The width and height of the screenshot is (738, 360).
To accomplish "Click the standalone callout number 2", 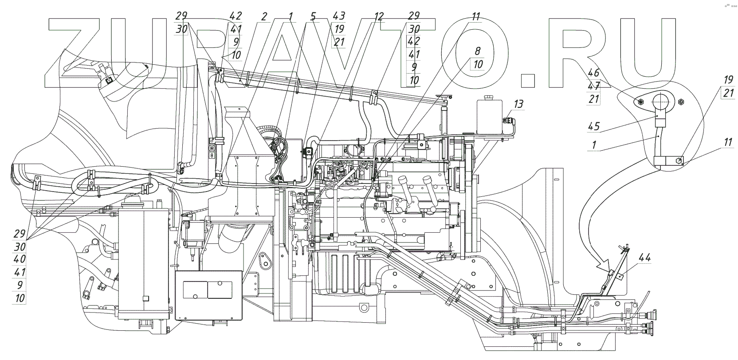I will tap(264, 17).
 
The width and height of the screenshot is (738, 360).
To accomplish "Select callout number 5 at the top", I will tap(313, 17).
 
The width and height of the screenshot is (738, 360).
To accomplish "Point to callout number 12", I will tap(378, 17).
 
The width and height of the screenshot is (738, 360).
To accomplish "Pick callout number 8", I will tap(478, 51).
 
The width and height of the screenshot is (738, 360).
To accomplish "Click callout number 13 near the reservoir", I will tap(518, 105).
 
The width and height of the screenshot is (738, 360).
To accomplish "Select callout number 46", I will tap(594, 72).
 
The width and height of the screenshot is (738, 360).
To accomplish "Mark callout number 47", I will tap(594, 85).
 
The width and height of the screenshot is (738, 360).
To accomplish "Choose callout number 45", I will tap(594, 126).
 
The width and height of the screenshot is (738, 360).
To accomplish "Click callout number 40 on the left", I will tap(20, 259).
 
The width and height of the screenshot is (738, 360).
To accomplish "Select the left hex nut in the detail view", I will tap(640, 102).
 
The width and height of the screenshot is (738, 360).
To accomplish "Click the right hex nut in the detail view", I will tap(682, 102).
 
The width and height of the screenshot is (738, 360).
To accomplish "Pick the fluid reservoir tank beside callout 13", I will tap(489, 116).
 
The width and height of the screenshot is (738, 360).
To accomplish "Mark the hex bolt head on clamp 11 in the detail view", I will tap(679, 160).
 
